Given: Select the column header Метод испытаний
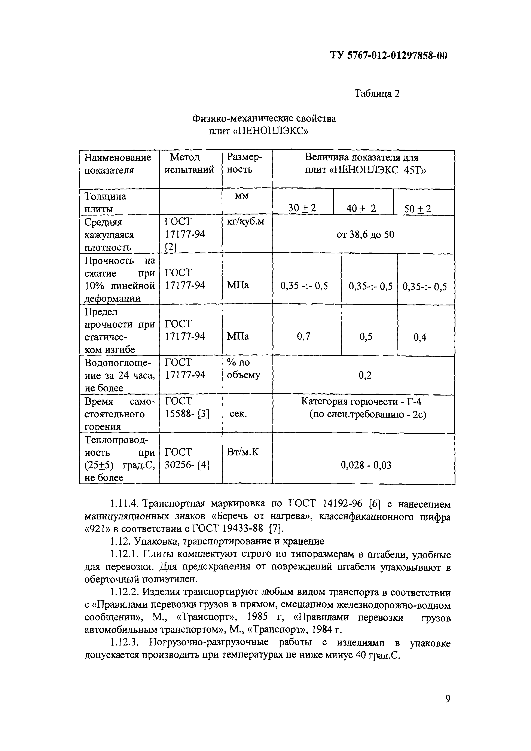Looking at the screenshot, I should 189,164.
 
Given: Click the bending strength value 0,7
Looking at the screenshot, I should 303,336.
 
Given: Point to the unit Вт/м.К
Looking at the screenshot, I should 243,452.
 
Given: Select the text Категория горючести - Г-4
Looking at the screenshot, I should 363,401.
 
